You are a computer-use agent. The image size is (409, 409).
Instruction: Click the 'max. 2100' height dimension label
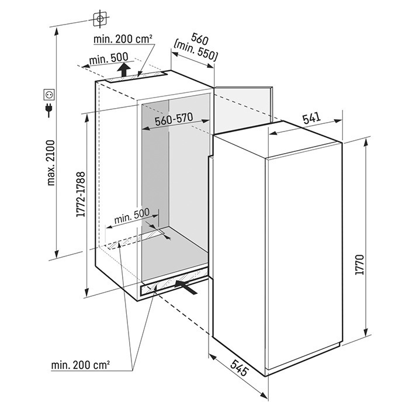tap(51, 163)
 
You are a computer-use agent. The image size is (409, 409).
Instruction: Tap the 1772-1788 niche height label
tap(81, 195)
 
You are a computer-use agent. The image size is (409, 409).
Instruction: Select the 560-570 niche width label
tap(174, 119)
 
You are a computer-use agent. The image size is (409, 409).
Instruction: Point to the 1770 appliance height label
tap(359, 265)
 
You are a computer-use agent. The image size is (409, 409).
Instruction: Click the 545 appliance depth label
tap(239, 368)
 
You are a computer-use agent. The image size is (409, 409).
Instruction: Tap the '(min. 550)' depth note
tap(195, 51)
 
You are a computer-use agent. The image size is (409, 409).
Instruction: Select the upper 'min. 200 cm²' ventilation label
tap(123, 39)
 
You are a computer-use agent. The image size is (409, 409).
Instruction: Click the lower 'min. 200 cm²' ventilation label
tap(81, 365)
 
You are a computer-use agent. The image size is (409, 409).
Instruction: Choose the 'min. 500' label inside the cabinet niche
tap(131, 216)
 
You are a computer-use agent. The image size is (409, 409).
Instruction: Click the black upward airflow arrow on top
tap(124, 70)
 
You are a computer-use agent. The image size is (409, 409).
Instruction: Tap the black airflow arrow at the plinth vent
tap(186, 287)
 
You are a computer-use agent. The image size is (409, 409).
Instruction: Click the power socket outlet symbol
tap(49, 95)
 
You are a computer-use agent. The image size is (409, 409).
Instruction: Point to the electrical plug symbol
tap(48, 110)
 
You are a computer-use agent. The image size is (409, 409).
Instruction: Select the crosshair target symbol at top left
tap(100, 19)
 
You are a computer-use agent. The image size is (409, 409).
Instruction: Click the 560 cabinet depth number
tap(200, 39)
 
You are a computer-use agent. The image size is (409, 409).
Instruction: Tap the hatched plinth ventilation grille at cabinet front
tap(174, 282)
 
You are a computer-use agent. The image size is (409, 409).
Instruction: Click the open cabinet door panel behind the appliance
tap(243, 110)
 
